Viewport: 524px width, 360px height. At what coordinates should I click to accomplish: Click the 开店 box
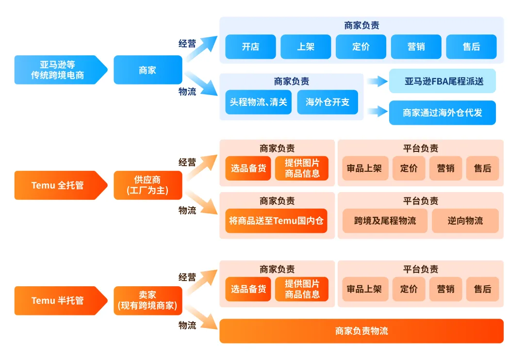click(x=250, y=47)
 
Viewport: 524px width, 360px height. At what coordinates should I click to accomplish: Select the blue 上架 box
click(x=306, y=47)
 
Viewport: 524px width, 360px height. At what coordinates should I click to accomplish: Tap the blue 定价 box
click(x=361, y=47)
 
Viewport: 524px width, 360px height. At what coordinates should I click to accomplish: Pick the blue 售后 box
click(x=471, y=47)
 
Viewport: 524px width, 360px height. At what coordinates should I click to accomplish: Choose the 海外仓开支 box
click(x=327, y=102)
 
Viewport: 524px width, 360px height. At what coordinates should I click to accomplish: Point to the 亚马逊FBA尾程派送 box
click(x=442, y=81)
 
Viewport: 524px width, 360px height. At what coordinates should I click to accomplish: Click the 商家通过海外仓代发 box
click(x=442, y=113)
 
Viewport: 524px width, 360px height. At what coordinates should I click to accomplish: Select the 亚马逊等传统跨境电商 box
click(x=58, y=70)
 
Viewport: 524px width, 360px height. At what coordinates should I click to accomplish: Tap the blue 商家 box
click(x=147, y=70)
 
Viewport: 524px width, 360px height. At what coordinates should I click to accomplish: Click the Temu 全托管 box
click(x=58, y=185)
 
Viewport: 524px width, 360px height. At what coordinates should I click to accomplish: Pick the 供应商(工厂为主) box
click(x=147, y=185)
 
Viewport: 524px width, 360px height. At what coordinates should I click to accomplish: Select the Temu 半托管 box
click(x=58, y=300)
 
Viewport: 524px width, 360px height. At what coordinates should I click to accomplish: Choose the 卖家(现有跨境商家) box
click(x=147, y=300)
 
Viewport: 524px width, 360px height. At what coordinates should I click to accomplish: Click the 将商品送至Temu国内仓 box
click(x=276, y=221)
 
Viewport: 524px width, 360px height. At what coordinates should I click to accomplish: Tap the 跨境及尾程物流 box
click(x=385, y=221)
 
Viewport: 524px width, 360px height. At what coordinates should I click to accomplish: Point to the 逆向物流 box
click(x=465, y=221)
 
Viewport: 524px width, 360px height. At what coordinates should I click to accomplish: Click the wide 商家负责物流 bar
click(x=361, y=331)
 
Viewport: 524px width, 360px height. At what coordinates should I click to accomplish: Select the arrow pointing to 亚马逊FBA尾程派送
click(x=377, y=81)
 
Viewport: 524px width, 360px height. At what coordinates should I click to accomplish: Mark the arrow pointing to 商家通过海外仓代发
click(x=377, y=112)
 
